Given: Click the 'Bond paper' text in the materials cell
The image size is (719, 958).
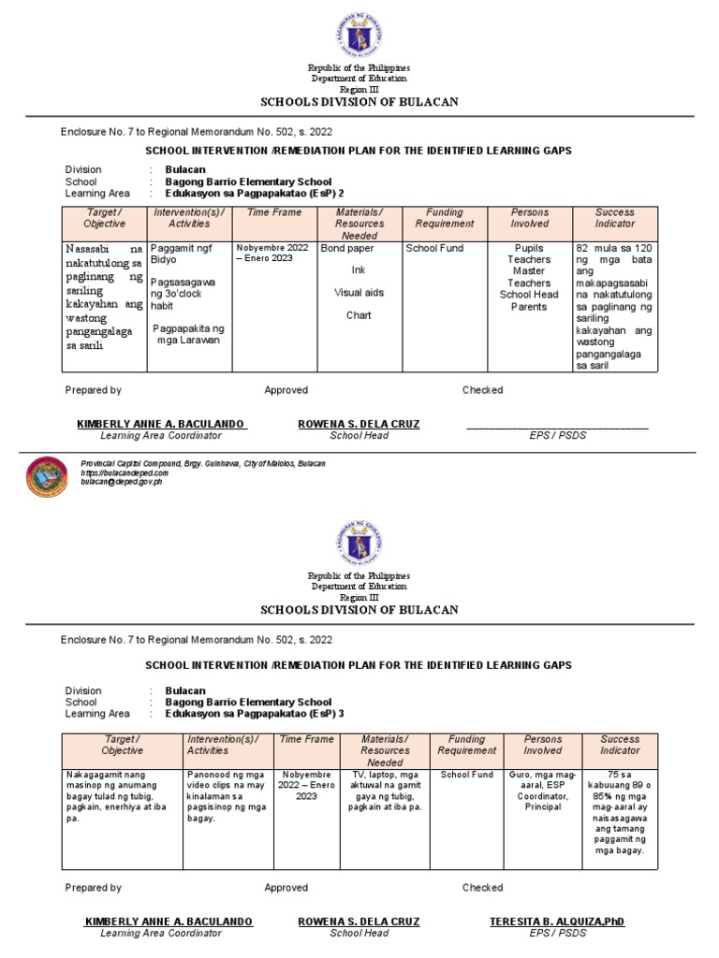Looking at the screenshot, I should pyautogui.click(x=346, y=250).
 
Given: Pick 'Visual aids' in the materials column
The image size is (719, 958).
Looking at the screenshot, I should pyautogui.click(x=359, y=293).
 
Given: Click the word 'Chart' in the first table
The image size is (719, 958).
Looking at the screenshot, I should pyautogui.click(x=359, y=315).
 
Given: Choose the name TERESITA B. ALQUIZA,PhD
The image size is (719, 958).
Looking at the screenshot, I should pyautogui.click(x=557, y=922).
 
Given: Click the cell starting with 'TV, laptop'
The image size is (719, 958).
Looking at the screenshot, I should pyautogui.click(x=385, y=791).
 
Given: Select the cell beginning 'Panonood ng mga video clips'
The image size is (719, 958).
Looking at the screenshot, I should pyautogui.click(x=227, y=796).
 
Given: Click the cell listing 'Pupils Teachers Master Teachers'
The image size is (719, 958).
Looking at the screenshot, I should pyautogui.click(x=529, y=278).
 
